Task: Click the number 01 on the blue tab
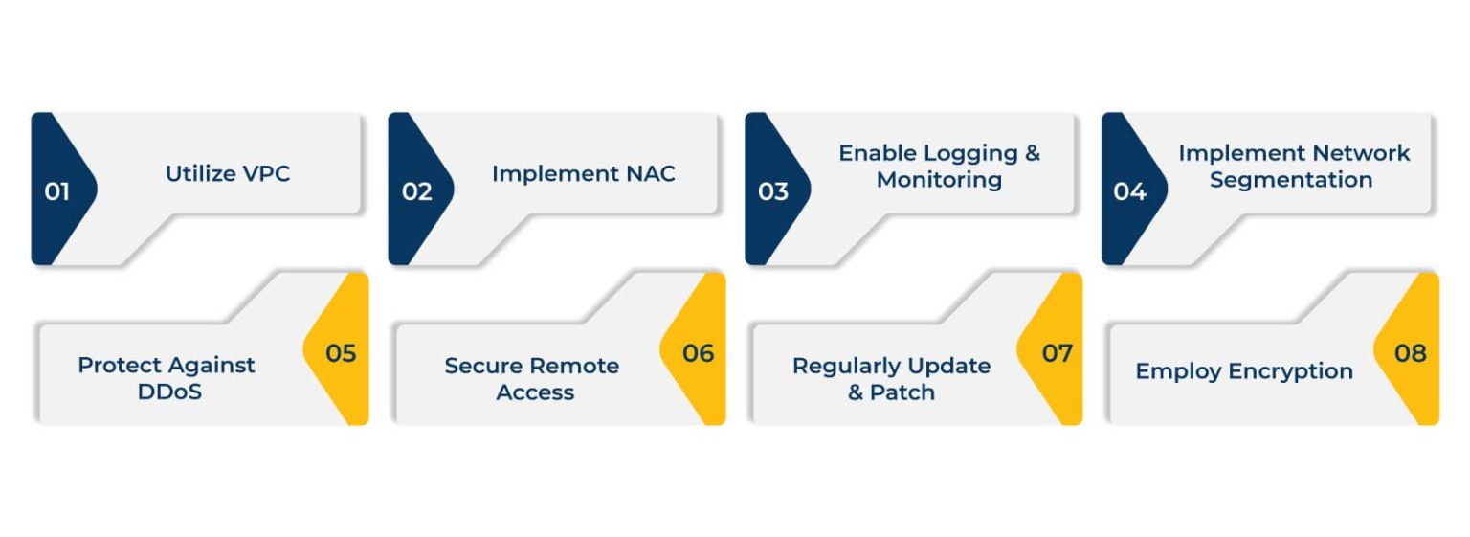click(x=56, y=191)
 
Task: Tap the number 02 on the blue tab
click(x=416, y=191)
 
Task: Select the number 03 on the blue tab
click(x=772, y=191)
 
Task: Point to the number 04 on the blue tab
click(x=1129, y=191)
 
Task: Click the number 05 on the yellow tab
click(x=341, y=353)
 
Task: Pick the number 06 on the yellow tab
click(x=698, y=353)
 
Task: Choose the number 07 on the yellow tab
click(x=1057, y=353)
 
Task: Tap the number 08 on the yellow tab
click(x=1410, y=353)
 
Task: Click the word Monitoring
click(x=939, y=180)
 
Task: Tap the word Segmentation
click(x=1290, y=180)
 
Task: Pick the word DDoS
click(x=169, y=392)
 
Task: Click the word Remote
click(x=574, y=366)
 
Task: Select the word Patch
click(x=902, y=392)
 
